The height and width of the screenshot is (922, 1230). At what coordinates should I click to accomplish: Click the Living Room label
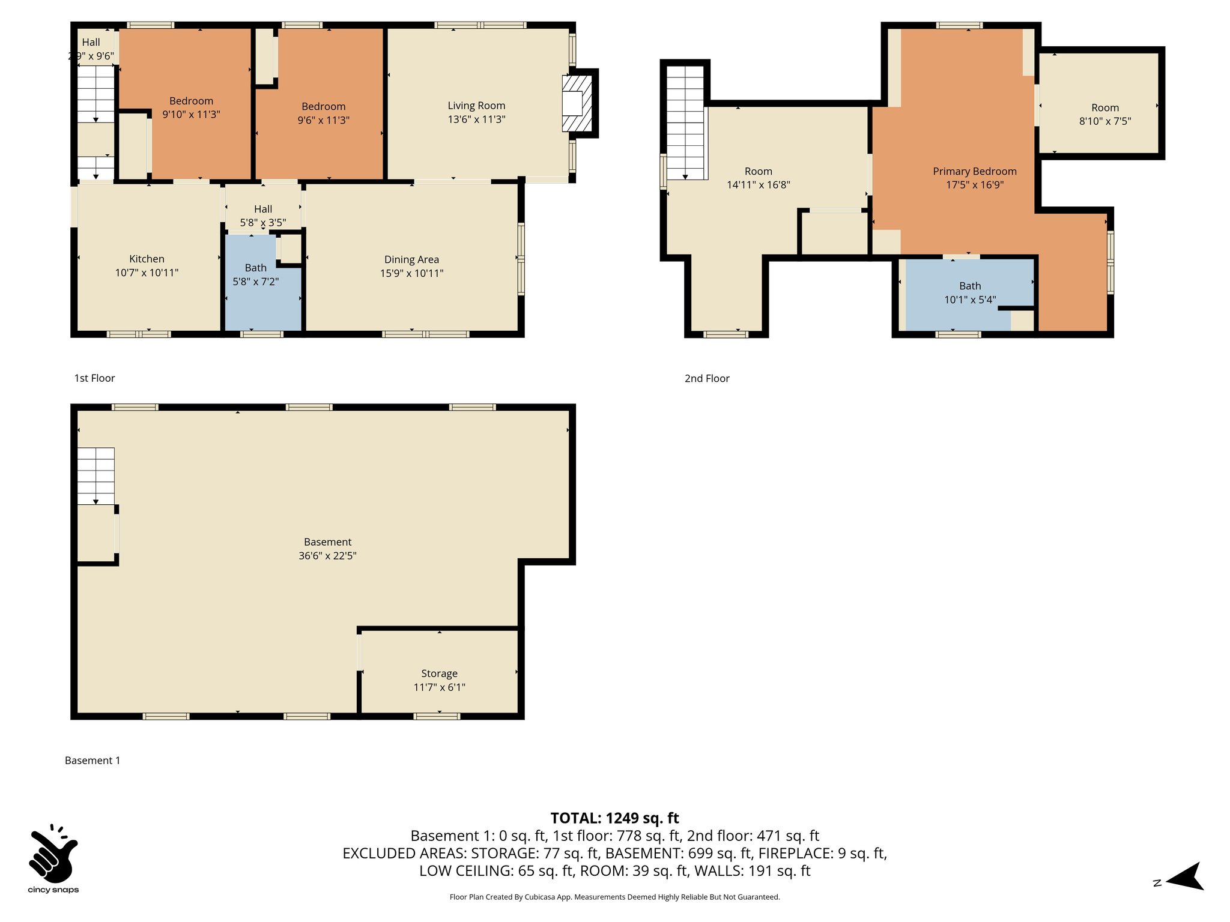point(476,106)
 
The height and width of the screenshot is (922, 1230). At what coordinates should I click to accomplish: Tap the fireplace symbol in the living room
point(577,104)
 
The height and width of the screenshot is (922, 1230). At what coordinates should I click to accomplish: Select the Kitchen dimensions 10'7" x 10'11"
point(147,273)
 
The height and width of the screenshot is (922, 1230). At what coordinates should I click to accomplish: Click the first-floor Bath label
point(255,268)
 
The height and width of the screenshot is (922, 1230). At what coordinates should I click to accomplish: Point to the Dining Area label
point(411,259)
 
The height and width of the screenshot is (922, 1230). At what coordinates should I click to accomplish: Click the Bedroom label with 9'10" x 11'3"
point(191,101)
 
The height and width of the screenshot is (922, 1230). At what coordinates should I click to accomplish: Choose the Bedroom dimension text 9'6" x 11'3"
point(323,120)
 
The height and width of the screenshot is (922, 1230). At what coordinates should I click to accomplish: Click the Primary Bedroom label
point(974,172)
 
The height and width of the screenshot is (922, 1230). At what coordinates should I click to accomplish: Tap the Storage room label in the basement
point(439,673)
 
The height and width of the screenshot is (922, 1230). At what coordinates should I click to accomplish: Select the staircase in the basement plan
point(95,475)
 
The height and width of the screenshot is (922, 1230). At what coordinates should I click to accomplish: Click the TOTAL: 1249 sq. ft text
point(614,818)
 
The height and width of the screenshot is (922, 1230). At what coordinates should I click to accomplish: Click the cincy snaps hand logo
point(53,852)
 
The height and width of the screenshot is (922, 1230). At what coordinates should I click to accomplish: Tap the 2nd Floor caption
point(707,378)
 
